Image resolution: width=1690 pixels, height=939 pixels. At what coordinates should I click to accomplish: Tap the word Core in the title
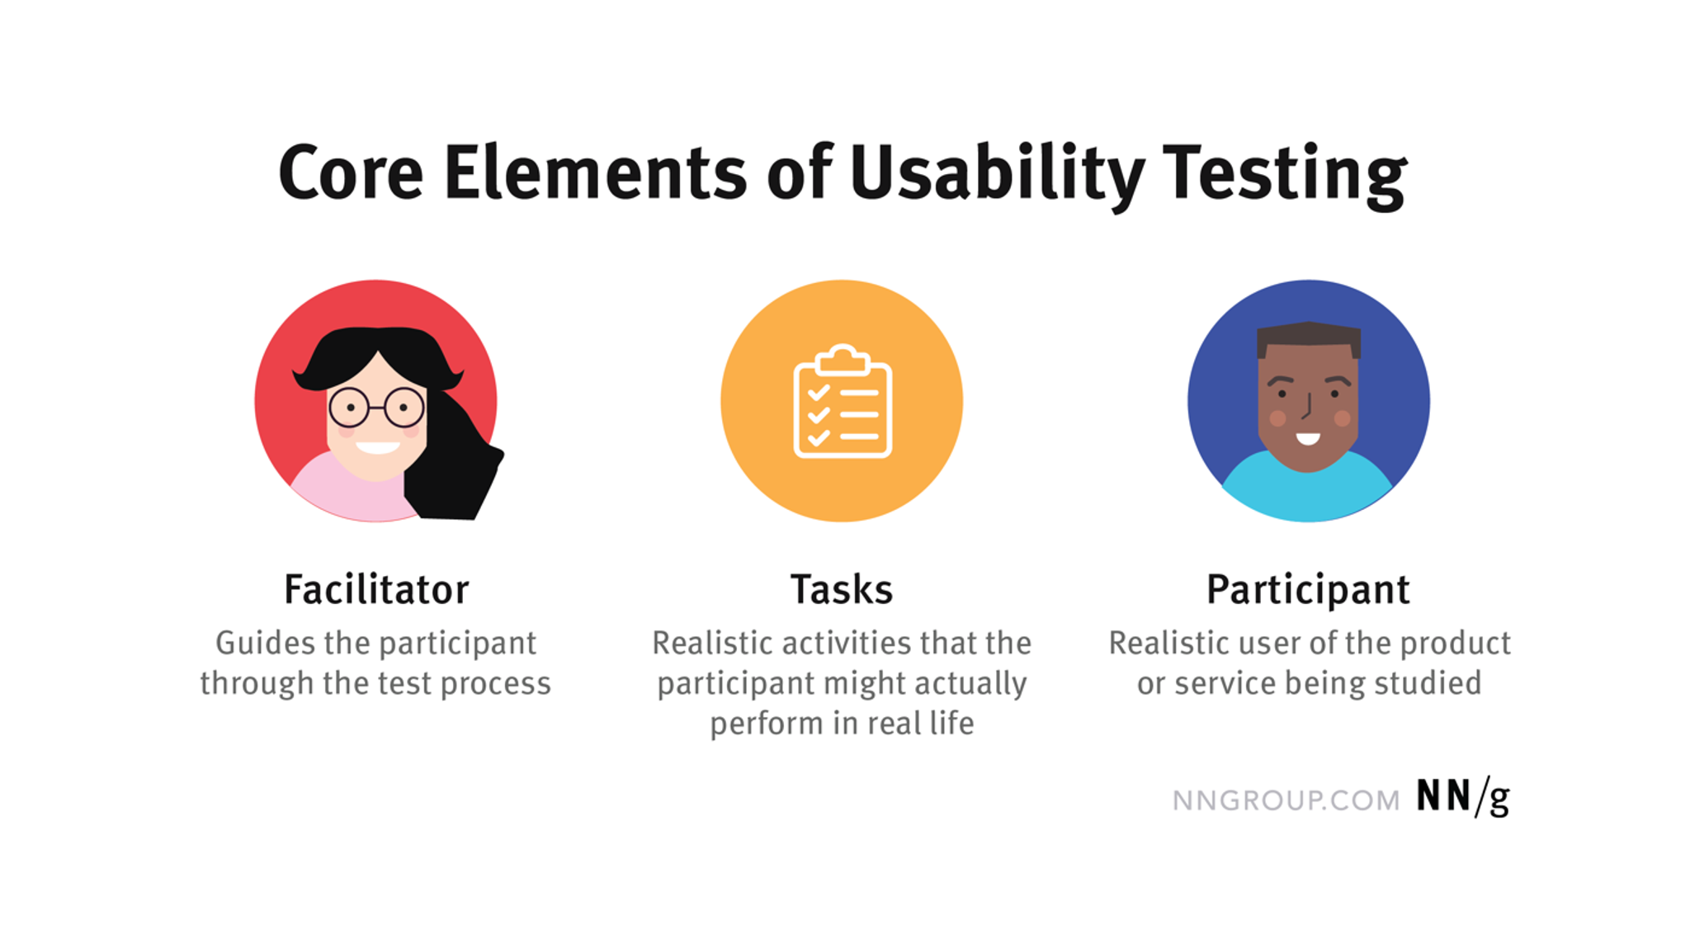tap(351, 173)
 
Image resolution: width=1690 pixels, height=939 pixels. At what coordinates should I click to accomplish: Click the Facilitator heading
tap(376, 589)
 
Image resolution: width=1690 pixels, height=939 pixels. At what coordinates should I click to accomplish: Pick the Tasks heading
tap(842, 589)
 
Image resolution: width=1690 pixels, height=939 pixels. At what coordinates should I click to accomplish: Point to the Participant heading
tap(1308, 589)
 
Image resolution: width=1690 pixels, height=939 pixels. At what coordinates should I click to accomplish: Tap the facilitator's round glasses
tap(376, 407)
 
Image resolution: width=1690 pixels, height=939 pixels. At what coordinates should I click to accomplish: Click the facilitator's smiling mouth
tap(377, 448)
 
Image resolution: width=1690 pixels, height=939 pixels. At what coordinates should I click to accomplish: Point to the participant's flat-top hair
tap(1309, 337)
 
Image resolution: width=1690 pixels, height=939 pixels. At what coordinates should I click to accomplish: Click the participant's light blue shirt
tap(1308, 495)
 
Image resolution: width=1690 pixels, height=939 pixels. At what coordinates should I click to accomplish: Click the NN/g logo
tap(1462, 797)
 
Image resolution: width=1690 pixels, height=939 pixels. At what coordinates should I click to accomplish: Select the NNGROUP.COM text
tap(1286, 800)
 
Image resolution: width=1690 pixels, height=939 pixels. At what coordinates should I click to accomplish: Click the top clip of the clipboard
tap(843, 360)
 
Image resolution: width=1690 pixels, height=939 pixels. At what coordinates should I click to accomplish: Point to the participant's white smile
tap(1308, 438)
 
